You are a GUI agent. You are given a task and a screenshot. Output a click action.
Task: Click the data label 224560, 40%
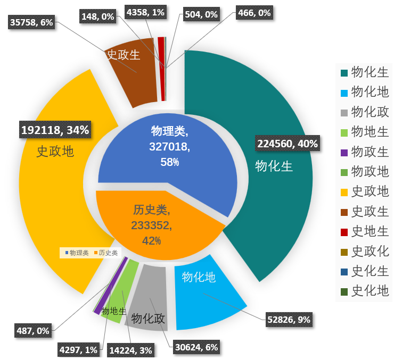point(288,144)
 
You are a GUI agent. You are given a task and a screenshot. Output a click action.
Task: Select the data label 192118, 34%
point(55,129)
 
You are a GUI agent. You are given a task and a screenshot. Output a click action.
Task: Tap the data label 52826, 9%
point(288,320)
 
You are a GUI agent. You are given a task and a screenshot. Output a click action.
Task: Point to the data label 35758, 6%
point(31,23)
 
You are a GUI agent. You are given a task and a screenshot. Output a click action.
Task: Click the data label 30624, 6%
point(196,347)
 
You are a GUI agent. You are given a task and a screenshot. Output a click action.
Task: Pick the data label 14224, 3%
point(131,350)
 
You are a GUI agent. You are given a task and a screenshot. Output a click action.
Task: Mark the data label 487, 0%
point(33,331)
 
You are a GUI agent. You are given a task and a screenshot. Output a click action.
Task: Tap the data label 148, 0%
point(98,16)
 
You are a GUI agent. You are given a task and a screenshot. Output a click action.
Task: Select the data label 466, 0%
point(254,12)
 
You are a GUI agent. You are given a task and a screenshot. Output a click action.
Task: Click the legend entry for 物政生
point(364,151)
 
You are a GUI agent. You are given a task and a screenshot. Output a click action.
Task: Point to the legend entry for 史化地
point(364,290)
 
